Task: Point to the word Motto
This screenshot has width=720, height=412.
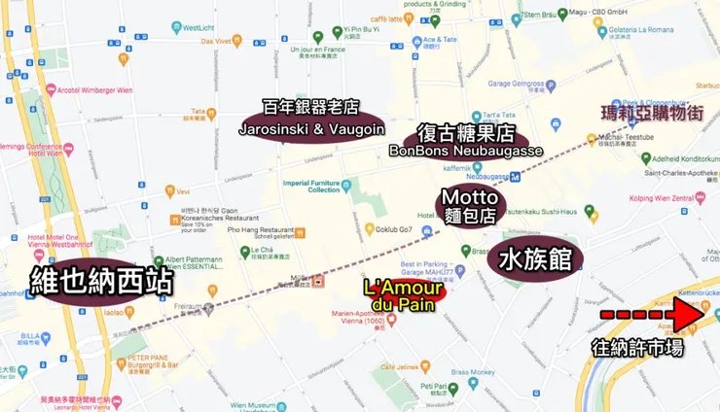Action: pos(471,197)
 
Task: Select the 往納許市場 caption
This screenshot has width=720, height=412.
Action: pos(639,348)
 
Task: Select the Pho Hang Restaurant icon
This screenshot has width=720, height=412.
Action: pos(301,232)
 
